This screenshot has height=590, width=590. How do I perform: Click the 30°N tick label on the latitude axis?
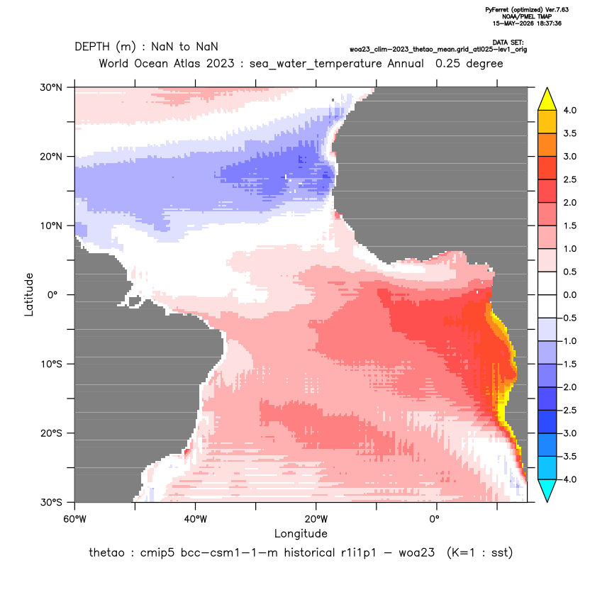[51, 87]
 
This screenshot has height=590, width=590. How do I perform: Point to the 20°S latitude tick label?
[51, 433]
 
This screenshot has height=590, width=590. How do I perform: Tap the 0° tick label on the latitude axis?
[52, 294]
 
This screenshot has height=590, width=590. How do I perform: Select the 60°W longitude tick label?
[74, 519]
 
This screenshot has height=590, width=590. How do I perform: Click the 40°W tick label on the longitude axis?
[195, 519]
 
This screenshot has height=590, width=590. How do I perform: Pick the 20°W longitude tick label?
[316, 519]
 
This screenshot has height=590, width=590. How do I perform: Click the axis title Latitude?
[29, 294]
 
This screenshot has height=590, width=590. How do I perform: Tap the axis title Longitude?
[301, 533]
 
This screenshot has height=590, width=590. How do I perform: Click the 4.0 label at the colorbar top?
[569, 110]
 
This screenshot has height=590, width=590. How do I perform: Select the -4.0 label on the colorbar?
[568, 479]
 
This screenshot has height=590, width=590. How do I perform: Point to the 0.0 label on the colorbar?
[569, 294]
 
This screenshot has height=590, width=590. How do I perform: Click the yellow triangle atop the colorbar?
[547, 100]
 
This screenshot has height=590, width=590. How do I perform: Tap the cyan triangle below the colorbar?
[547, 490]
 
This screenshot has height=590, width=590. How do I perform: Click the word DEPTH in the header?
[92, 47]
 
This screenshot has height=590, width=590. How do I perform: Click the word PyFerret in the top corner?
[497, 10]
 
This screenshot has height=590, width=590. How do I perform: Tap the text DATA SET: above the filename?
[508, 43]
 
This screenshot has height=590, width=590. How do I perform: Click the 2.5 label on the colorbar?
[569, 179]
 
